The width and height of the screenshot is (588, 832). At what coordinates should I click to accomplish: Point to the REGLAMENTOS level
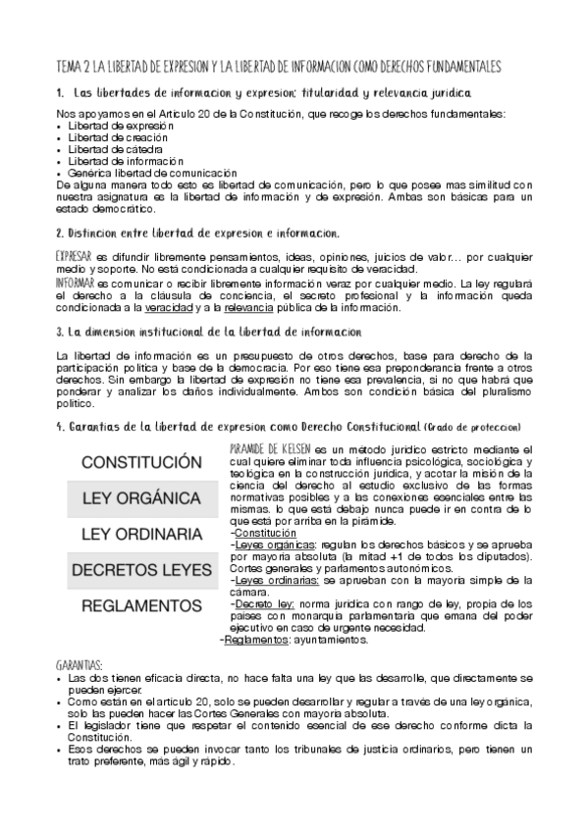(135, 605)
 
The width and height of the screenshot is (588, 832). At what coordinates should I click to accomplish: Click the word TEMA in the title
(72, 66)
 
